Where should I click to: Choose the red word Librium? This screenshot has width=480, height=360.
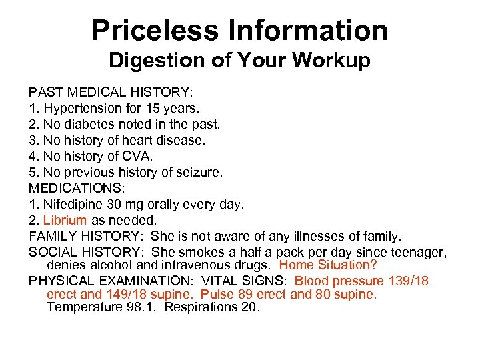(65, 221)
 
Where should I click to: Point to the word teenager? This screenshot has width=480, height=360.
(418, 253)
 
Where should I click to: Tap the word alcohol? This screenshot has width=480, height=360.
(108, 265)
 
